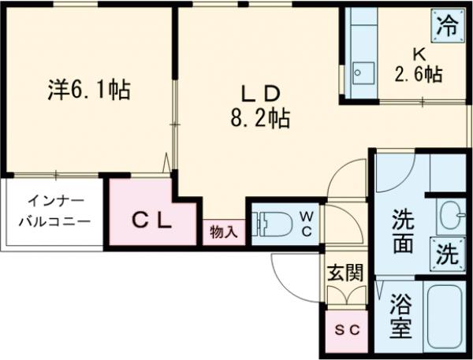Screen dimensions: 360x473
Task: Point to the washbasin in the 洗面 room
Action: (449, 213)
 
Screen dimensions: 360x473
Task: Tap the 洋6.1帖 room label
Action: (87, 88)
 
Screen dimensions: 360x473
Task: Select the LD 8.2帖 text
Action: (259, 106)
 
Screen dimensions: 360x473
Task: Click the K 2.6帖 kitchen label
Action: (418, 65)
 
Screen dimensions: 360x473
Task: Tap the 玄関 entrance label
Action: (345, 273)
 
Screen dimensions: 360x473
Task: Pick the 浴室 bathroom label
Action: (399, 316)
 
